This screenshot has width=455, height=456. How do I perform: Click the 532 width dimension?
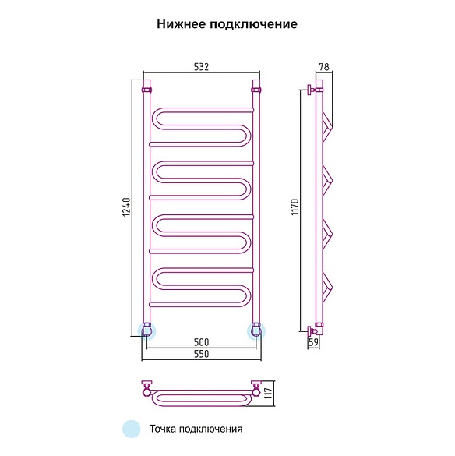[x=201, y=67]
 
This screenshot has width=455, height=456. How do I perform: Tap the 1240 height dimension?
[x=127, y=207]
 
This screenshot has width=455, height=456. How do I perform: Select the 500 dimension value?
[x=202, y=342]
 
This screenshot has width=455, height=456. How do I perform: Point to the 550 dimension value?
[x=202, y=354]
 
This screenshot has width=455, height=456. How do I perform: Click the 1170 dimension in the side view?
[x=295, y=207]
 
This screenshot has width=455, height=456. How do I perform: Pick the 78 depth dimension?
[x=324, y=67]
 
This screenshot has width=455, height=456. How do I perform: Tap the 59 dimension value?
[x=313, y=342]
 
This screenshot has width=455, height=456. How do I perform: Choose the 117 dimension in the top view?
[x=268, y=393]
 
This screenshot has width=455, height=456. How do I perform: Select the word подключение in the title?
[x=253, y=24]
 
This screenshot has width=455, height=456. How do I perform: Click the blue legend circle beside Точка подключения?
[x=132, y=429]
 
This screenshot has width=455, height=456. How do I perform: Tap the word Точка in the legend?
[x=162, y=429]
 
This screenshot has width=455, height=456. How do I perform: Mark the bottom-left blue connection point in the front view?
[x=146, y=331]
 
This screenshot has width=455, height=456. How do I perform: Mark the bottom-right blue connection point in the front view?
[x=256, y=331]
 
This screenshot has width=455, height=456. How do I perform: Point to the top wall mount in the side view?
[x=312, y=90]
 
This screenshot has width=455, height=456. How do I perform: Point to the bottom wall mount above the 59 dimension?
[x=313, y=331]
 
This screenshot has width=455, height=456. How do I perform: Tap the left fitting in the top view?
[x=146, y=388]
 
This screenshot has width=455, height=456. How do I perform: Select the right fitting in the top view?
[x=256, y=388]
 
